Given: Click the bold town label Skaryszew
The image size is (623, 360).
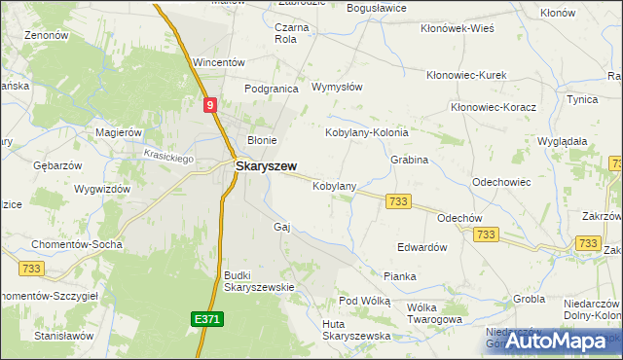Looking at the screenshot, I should [266, 166].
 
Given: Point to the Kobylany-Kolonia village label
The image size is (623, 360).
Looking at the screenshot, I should [366, 131].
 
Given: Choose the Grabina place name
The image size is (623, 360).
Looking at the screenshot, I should [409, 159].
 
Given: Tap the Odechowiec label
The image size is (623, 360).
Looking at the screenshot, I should [501, 182].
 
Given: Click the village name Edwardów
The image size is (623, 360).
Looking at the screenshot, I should [421, 247].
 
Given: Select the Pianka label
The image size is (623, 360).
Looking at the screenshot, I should [399, 276].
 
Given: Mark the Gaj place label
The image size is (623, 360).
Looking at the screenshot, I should [283, 226].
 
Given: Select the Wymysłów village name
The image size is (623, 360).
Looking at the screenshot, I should [336, 87].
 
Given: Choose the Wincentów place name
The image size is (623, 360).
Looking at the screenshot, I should [218, 62].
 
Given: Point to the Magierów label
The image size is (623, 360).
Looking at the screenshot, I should [119, 132].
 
